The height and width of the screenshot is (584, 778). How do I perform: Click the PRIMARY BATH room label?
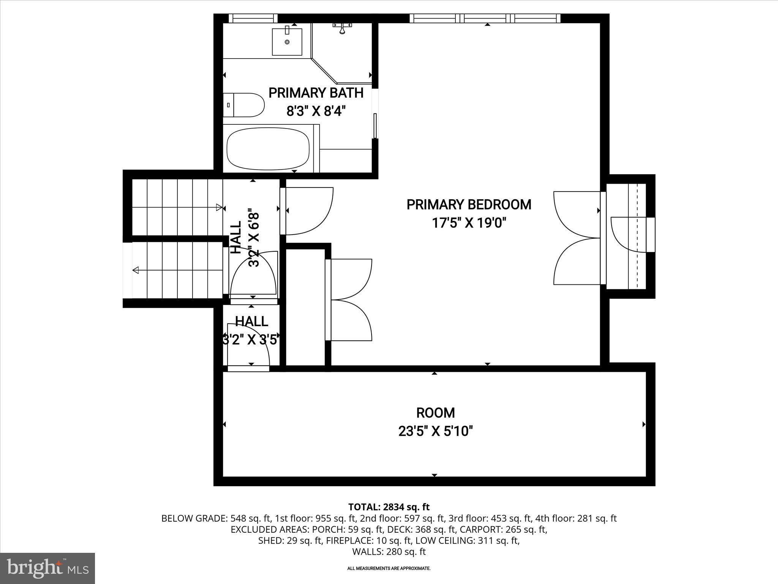tap(316, 93)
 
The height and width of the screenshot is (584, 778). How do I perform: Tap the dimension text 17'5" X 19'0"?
tap(469, 223)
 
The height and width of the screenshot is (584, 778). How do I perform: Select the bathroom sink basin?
tap(287, 41)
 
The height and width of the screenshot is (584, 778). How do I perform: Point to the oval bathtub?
tap(268, 149)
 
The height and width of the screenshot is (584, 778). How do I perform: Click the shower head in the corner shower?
tap(342, 29)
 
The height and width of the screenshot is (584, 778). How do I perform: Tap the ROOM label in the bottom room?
tap(435, 413)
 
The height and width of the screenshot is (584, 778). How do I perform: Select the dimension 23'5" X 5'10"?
tap(435, 432)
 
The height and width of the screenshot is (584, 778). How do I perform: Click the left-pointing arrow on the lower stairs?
tap(136, 270)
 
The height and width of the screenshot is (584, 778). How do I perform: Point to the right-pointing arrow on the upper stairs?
tap(219, 207)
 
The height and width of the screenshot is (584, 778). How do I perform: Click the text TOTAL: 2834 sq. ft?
tap(389, 507)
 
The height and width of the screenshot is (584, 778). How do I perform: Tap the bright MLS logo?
tap(47, 568)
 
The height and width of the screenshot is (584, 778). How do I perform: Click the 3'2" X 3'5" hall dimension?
tap(251, 339)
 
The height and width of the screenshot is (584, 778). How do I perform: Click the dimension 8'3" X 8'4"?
tap(316, 111)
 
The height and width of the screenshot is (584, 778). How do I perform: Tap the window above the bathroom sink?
tap(253, 18)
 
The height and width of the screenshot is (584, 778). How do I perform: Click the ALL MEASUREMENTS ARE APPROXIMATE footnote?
tap(389, 579)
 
